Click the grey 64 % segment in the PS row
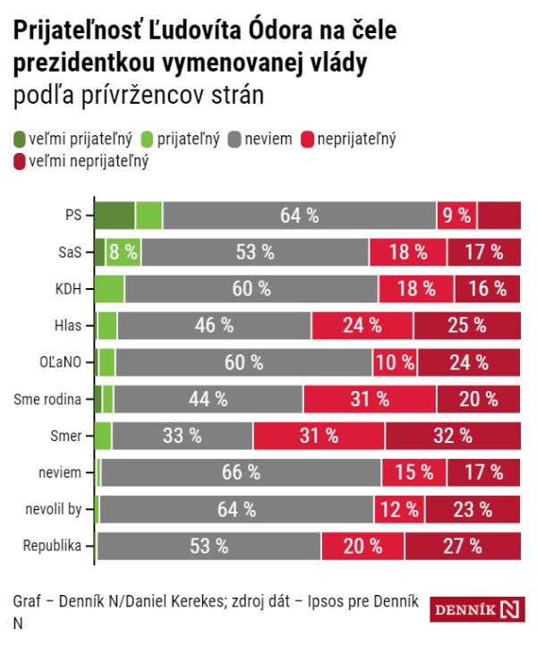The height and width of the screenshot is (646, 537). pyautogui.click(x=300, y=216)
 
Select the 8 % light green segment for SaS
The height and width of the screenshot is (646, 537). pyautogui.click(x=124, y=252)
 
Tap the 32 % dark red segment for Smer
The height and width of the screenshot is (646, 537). pyautogui.click(x=453, y=436)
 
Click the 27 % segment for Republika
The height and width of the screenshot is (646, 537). pyautogui.click(x=463, y=546)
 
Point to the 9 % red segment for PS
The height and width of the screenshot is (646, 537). pyautogui.click(x=456, y=216)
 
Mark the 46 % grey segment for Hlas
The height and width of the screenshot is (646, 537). pyautogui.click(x=213, y=326)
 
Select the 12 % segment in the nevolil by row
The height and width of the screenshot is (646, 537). pyautogui.click(x=399, y=509)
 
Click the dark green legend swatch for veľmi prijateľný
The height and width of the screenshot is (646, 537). pyautogui.click(x=21, y=139)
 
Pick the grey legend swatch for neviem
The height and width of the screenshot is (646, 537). pyautogui.click(x=235, y=139)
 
